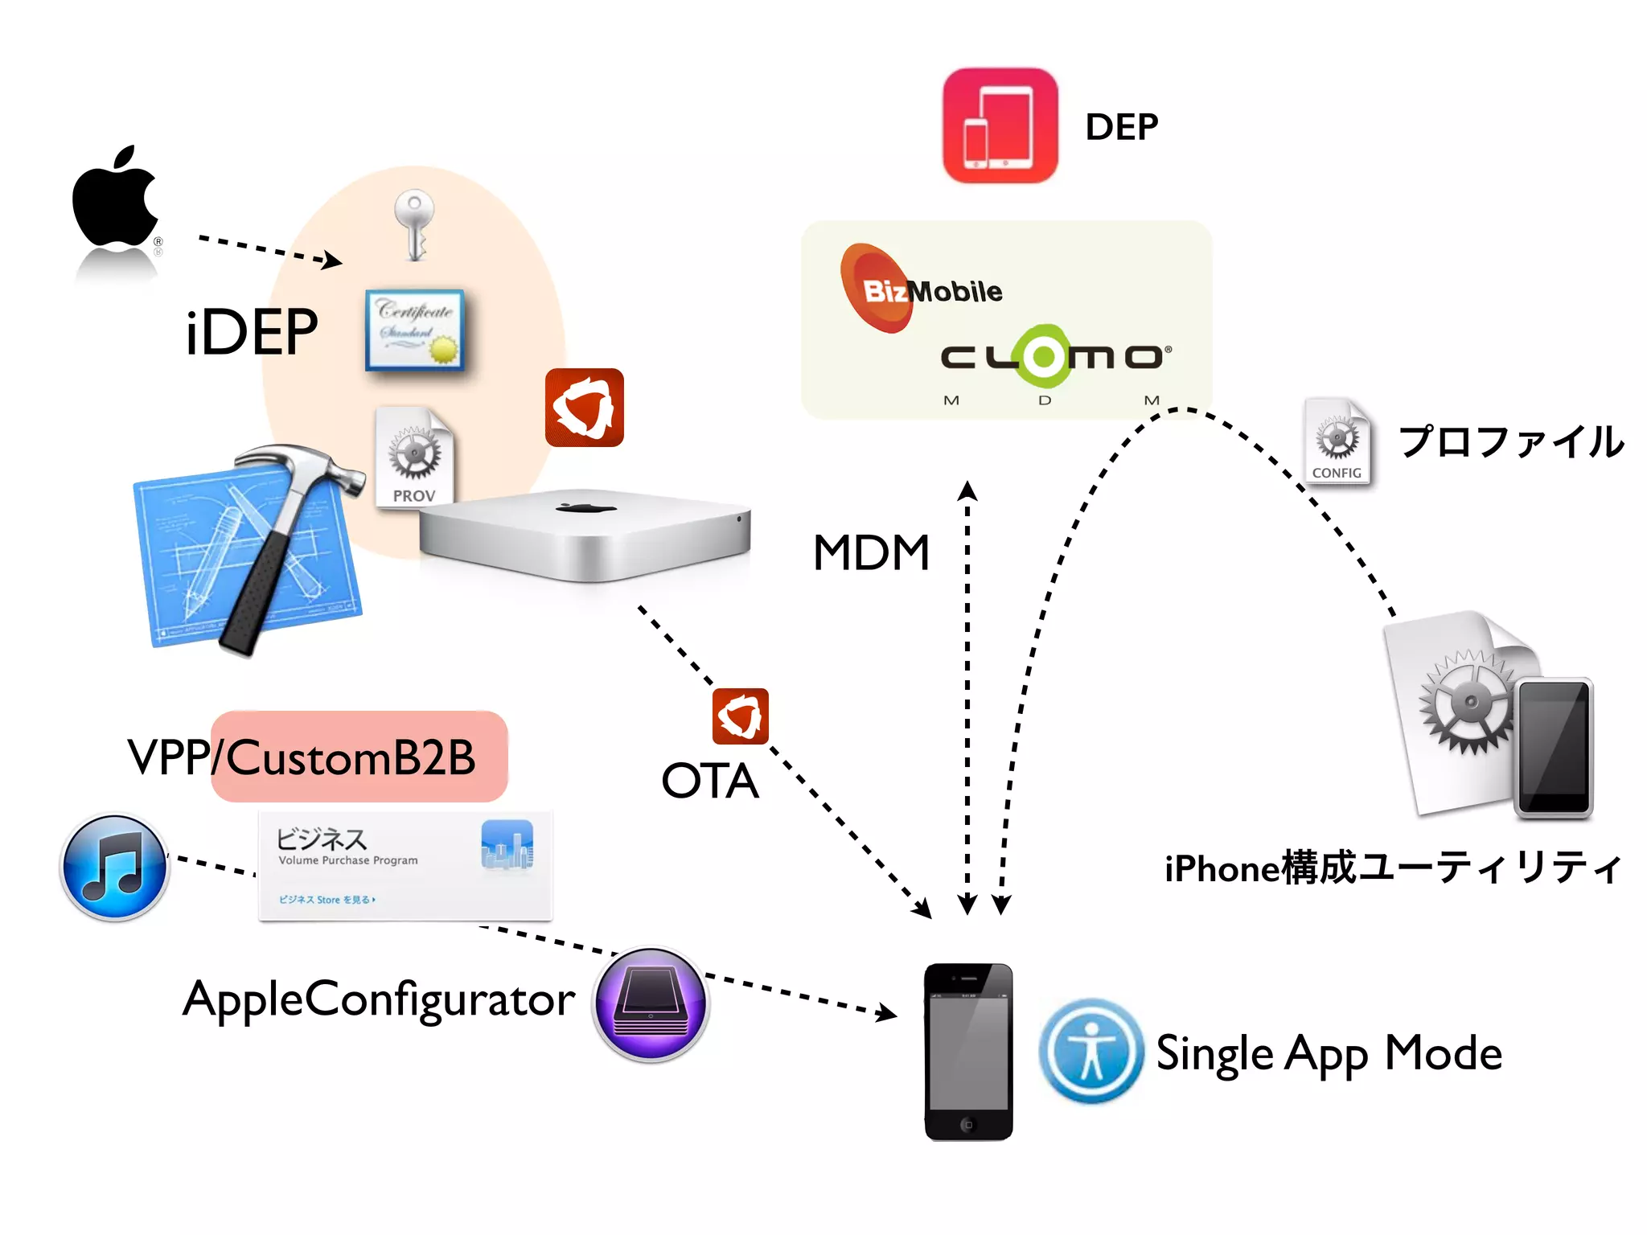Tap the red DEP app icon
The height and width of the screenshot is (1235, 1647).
click(1000, 125)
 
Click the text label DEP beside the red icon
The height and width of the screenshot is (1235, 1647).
click(1121, 127)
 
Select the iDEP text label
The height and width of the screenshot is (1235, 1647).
click(252, 332)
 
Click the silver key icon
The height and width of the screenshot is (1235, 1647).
click(415, 224)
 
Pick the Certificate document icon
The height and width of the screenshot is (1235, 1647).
click(415, 330)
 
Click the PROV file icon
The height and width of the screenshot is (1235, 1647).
click(415, 457)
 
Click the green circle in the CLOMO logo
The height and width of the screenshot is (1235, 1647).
click(1044, 355)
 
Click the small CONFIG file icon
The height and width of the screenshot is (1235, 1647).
click(1337, 442)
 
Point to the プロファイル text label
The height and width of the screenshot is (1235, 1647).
click(1510, 442)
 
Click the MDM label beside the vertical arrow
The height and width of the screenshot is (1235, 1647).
click(871, 553)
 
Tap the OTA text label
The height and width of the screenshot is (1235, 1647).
click(709, 781)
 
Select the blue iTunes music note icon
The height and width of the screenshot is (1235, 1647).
click(115, 867)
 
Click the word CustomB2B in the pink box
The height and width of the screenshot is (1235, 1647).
click(351, 757)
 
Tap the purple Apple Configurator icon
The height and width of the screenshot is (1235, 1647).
click(651, 1003)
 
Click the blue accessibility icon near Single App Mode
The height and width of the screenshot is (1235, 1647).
click(1090, 1050)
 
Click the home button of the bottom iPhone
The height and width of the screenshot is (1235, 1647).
click(968, 1124)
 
